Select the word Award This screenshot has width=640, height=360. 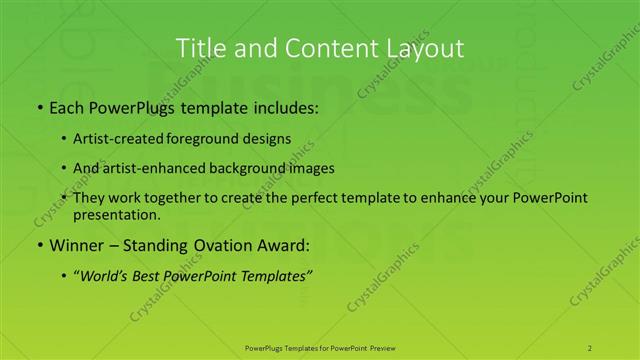click(x=284, y=246)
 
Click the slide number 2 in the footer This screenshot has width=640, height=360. click(x=591, y=347)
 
